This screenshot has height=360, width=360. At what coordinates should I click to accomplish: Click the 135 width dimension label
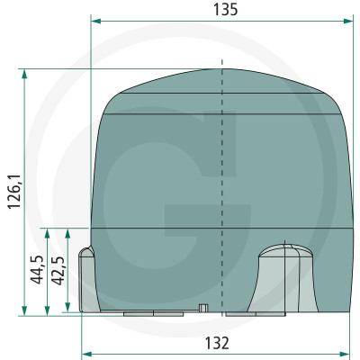(225, 10)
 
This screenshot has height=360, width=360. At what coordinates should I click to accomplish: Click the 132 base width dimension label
(217, 343)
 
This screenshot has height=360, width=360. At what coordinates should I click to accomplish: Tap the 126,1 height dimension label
(14, 191)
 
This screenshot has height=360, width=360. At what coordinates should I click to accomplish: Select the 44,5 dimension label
(38, 270)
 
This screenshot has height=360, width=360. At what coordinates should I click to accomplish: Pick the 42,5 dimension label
(58, 270)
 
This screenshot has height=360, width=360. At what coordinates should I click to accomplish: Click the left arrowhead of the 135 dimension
(95, 21)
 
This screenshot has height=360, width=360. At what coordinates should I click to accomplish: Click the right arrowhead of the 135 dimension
(348, 21)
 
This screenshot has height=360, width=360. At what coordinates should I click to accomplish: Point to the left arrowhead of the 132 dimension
(86, 353)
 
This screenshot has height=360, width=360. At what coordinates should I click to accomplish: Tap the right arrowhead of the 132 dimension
(345, 353)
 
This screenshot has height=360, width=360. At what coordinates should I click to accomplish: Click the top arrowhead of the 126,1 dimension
(24, 74)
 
